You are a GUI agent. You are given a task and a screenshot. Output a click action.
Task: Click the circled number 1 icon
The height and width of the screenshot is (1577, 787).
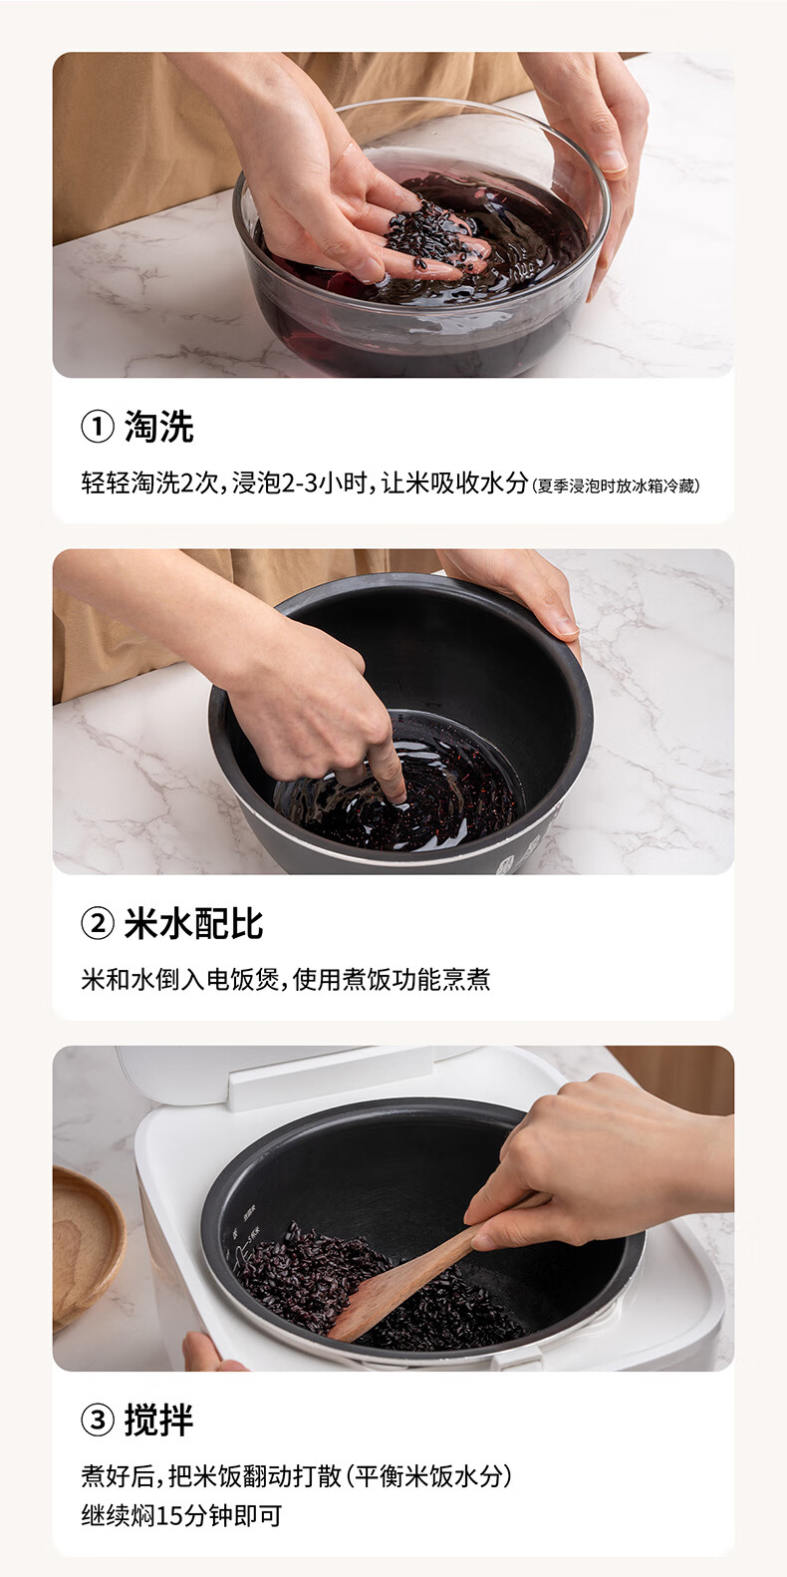(97, 427)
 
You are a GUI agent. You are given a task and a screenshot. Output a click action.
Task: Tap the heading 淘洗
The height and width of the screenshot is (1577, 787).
(158, 427)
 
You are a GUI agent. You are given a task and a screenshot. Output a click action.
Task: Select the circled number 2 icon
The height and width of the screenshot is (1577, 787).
(97, 924)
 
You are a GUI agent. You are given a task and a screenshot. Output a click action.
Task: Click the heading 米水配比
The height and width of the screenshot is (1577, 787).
(193, 924)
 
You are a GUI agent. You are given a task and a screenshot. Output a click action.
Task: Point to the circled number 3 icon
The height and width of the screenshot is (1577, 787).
(97, 1419)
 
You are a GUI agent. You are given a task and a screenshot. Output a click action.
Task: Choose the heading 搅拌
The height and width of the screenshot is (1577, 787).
(158, 1419)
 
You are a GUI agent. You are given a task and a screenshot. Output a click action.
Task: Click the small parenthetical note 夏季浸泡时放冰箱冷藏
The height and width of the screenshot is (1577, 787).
(617, 486)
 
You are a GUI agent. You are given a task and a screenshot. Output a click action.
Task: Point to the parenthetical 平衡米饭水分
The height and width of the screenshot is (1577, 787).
(430, 1476)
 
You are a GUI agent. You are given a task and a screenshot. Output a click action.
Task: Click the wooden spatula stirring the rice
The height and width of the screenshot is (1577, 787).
(398, 1285)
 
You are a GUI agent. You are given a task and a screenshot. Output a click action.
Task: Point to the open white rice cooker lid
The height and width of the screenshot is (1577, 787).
(299, 1072)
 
